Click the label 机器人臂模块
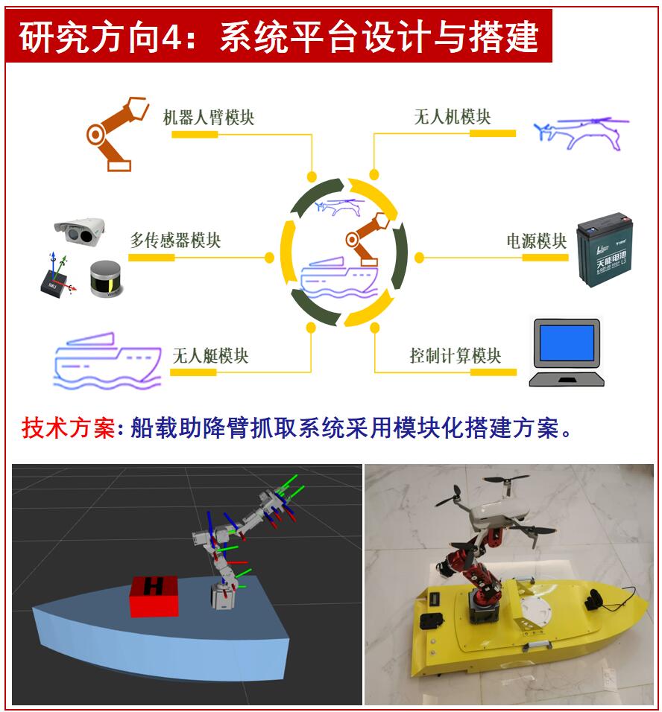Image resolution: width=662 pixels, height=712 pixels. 209,117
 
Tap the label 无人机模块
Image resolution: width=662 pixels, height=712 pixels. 453,117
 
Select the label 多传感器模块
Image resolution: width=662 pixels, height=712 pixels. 175,241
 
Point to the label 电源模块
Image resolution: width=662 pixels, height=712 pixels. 537,241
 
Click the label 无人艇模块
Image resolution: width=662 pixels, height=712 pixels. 210,355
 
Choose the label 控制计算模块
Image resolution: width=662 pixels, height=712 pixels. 455,355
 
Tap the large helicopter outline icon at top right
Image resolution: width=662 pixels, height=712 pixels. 581,133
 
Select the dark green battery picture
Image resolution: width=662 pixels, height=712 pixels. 605,249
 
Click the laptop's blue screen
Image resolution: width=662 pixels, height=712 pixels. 567,343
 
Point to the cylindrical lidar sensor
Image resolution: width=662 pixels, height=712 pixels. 105,279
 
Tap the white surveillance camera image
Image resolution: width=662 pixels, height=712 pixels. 80,231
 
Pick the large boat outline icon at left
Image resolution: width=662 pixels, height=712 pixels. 107,361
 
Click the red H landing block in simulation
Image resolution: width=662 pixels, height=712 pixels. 154,597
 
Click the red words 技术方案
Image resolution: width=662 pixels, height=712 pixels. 68,427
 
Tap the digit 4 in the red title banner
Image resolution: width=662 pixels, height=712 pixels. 171,36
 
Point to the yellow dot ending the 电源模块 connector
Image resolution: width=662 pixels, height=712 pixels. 419,258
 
